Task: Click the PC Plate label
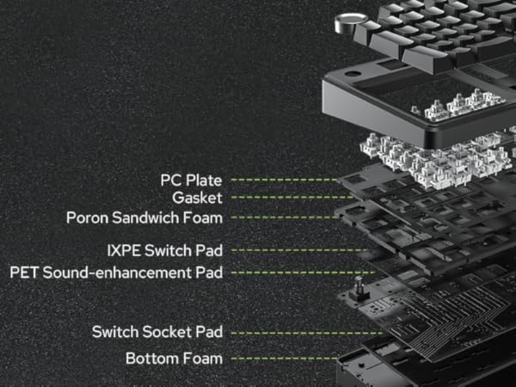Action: [x=191, y=181]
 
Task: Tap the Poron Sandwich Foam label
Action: [x=144, y=217]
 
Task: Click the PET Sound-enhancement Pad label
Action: [x=116, y=273]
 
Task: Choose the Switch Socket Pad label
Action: [x=157, y=332]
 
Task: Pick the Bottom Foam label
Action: [x=174, y=358]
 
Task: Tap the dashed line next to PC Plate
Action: [x=284, y=181]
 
